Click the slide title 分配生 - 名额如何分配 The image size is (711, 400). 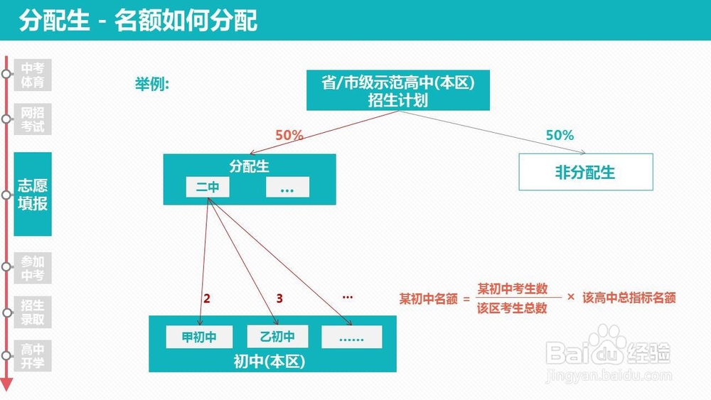tap(139, 21)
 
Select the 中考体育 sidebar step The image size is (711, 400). tap(33, 75)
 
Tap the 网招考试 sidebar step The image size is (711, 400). tap(33, 119)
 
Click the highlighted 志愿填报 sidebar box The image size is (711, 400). tap(33, 194)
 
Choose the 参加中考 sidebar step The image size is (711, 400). tap(33, 269)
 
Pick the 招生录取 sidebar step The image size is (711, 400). tap(33, 313)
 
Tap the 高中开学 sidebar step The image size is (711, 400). tap(33, 357)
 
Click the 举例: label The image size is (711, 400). tap(151, 84)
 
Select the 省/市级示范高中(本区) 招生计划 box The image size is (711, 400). tap(397, 91)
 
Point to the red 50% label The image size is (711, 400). tap(289, 135)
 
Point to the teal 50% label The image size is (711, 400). tap(560, 135)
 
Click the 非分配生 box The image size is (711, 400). tap(585, 172)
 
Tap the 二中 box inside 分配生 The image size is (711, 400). tap(208, 188)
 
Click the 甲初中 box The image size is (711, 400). tap(199, 337)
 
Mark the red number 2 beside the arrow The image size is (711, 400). tap(207, 299)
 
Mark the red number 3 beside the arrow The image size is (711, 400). tap(279, 299)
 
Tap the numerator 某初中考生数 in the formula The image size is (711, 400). tap(513, 288)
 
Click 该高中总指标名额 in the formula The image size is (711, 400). tap(629, 298)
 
